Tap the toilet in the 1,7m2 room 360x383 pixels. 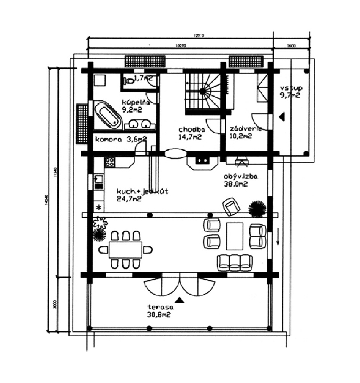[x=129, y=81]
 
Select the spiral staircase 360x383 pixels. [x=203, y=93]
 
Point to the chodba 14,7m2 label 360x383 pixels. [x=190, y=133]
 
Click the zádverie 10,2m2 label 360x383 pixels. [x=245, y=132]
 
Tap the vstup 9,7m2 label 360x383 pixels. [x=289, y=92]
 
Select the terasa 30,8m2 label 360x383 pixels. [x=160, y=311]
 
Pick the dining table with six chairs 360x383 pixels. [x=125, y=250]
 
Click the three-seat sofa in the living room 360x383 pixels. [x=235, y=262]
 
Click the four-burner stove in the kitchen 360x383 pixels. [x=110, y=162]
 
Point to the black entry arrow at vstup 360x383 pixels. [x=282, y=117]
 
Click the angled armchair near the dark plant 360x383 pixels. [x=231, y=206]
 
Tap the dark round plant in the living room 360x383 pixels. [x=257, y=209]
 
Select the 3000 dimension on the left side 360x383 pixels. [x=55, y=304]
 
